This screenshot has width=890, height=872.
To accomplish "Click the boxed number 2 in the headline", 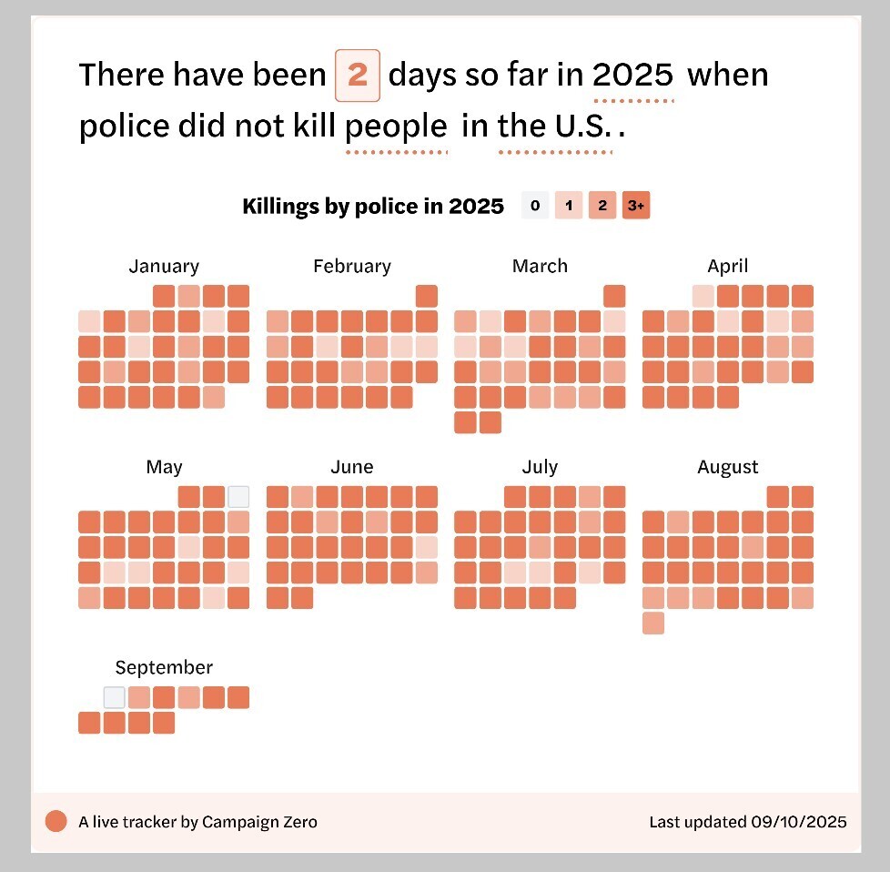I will click(358, 75).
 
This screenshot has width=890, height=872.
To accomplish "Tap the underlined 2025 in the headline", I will click(633, 75).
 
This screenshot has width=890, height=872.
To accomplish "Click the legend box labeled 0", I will click(535, 207).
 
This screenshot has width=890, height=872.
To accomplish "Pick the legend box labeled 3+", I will click(636, 207).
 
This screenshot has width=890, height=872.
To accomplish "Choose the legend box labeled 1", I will click(569, 207).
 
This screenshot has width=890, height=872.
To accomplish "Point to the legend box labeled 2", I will click(602, 207).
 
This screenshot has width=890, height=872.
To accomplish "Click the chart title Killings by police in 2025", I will click(372, 207).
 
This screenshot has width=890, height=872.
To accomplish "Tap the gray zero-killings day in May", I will click(238, 496).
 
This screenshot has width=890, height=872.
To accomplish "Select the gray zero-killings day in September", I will click(114, 697).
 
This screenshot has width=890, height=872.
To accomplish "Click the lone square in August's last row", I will click(652, 623).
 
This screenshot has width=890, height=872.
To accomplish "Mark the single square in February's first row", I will click(427, 296).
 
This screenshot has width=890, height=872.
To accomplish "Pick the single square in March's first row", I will click(614, 296).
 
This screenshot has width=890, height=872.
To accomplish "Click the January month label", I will click(164, 266).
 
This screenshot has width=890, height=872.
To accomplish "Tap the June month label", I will click(351, 467).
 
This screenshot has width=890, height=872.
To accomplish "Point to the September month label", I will click(164, 667).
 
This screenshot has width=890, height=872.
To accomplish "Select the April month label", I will click(727, 266).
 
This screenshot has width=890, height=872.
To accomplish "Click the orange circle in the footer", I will click(56, 821).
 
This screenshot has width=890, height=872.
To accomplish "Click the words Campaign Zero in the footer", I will click(259, 821).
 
